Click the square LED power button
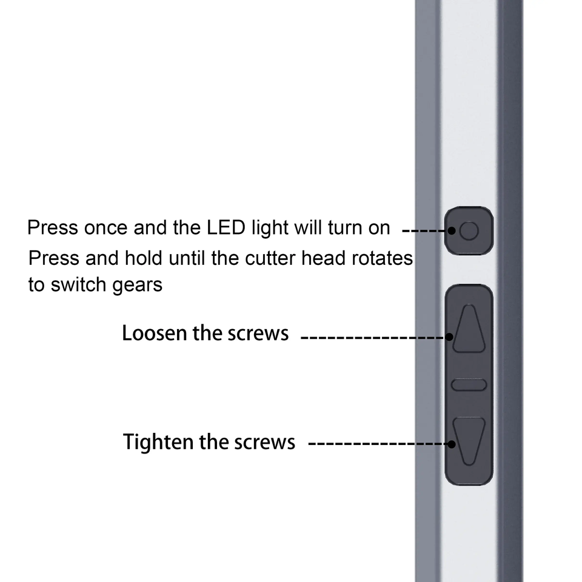tap(469, 230)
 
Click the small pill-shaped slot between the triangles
tap(469, 384)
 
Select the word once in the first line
tap(105, 229)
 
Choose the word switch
tap(78, 284)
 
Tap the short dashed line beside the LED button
tap(425, 230)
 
